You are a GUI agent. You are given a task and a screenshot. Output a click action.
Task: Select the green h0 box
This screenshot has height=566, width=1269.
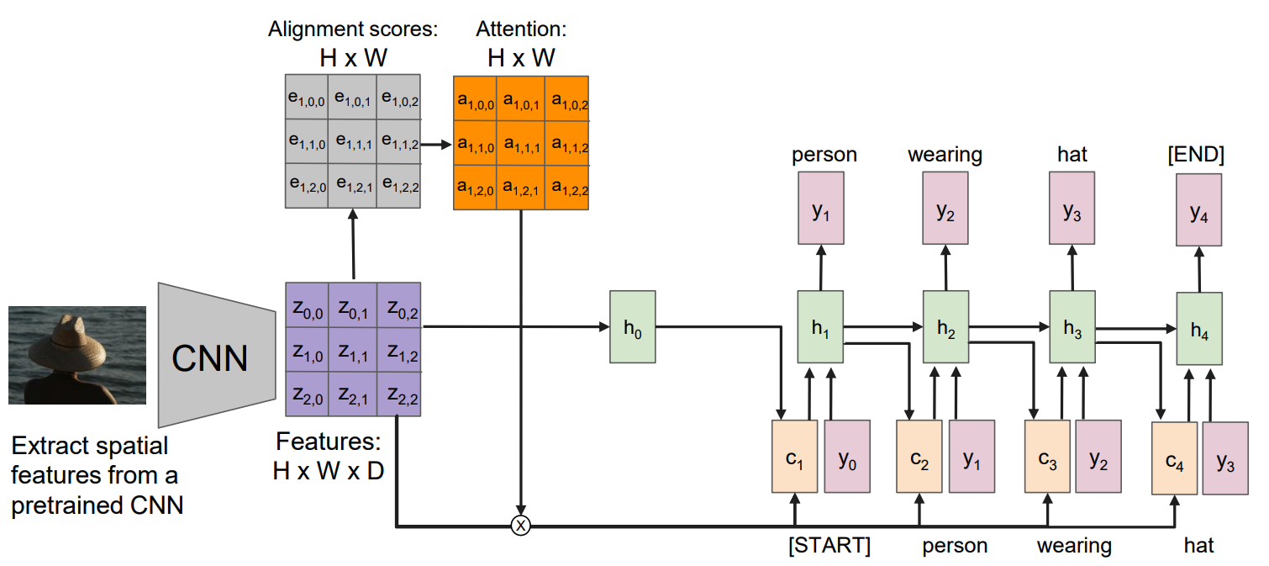632,326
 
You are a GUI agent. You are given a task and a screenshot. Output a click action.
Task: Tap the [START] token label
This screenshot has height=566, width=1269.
829,546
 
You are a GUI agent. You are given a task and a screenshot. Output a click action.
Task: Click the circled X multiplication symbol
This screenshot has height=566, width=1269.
521,527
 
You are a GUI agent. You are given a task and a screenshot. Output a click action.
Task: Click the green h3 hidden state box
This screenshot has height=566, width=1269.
1072,327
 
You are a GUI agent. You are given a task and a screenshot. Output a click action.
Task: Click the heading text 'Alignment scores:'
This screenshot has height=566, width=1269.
353,30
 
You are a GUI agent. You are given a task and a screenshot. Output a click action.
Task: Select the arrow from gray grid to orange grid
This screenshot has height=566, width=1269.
436,144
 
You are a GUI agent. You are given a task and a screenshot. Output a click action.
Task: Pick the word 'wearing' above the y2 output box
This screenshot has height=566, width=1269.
945,155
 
